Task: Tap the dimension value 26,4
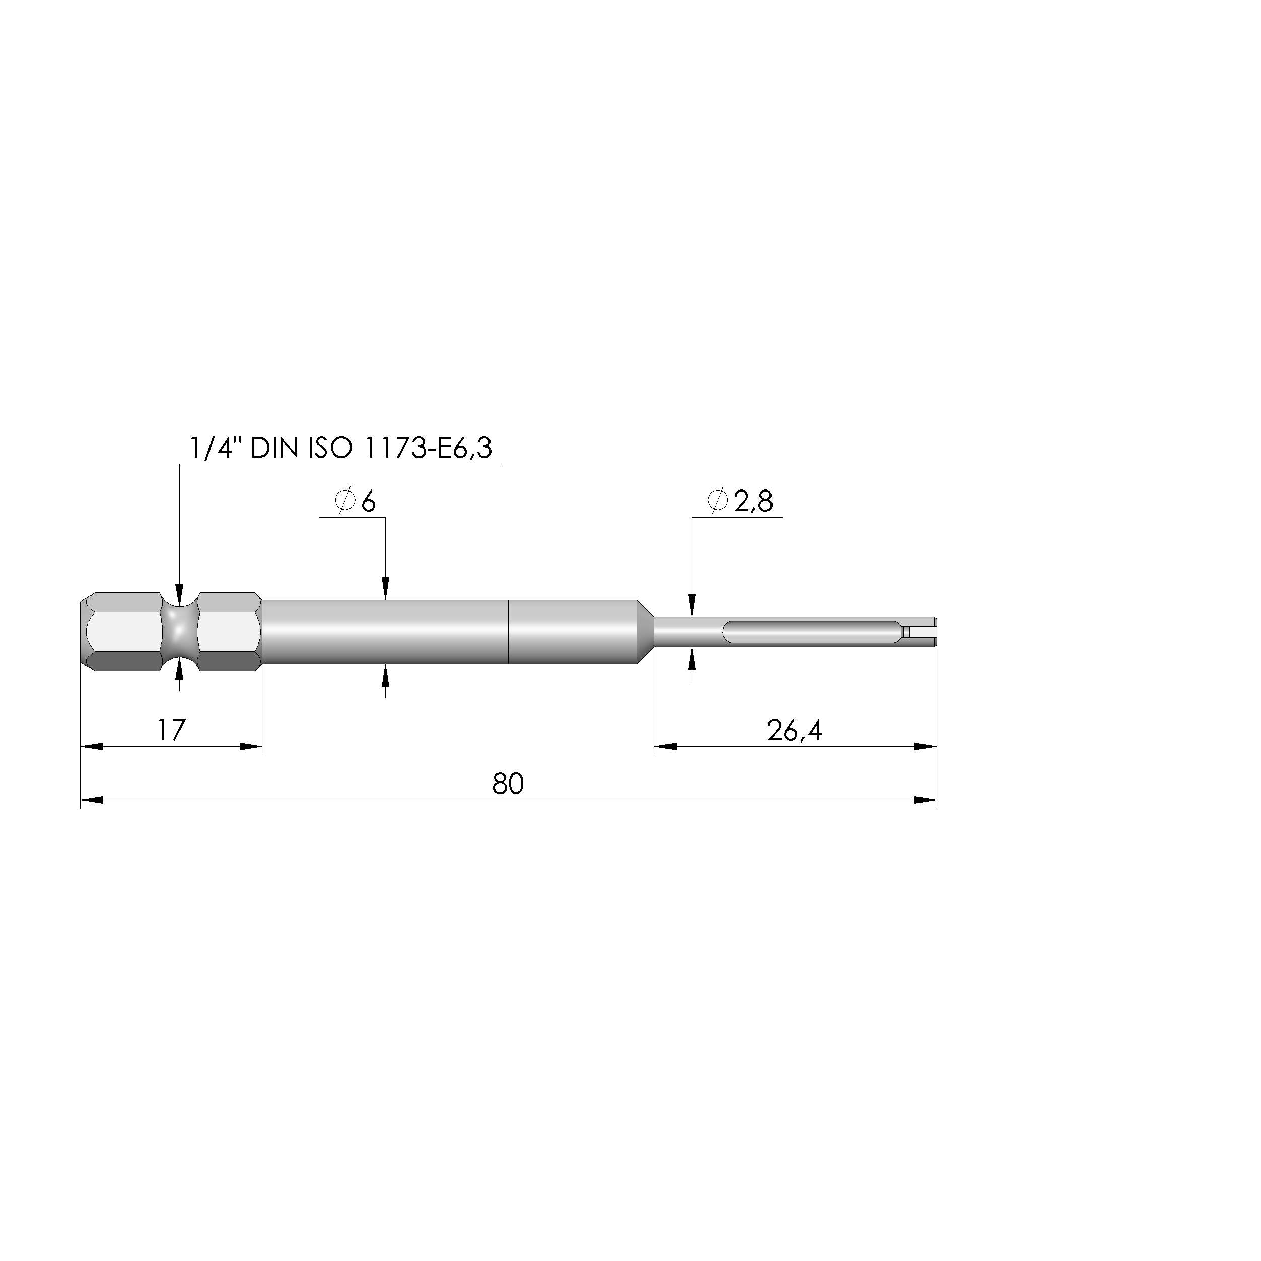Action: click(x=794, y=730)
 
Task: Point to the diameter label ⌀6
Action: click(x=355, y=501)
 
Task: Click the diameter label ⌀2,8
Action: click(x=739, y=501)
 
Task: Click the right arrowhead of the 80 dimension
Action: click(x=925, y=800)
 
